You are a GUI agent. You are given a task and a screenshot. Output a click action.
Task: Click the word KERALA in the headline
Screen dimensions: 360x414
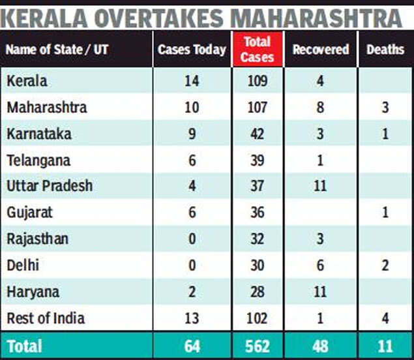(48, 15)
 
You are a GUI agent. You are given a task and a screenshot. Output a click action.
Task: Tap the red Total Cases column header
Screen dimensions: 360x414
(258, 50)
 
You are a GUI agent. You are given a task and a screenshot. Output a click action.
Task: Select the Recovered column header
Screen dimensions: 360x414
(320, 50)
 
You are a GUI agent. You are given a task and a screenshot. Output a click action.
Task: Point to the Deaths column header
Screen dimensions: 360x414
(385, 50)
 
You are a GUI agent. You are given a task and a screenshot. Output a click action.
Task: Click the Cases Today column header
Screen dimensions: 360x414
(192, 50)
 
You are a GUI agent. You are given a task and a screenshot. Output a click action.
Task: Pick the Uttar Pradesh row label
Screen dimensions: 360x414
(50, 186)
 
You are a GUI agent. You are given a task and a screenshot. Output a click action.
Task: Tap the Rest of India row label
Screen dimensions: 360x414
(46, 318)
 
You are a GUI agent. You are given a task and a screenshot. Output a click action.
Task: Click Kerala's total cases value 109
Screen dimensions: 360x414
(258, 81)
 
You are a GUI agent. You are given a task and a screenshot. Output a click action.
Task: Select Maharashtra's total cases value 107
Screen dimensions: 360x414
(258, 107)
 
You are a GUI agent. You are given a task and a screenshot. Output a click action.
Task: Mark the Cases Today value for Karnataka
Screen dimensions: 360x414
(192, 133)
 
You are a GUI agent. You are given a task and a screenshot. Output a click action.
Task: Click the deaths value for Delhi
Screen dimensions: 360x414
(385, 266)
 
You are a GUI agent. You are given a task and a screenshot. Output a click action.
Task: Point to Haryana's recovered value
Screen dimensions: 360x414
(320, 292)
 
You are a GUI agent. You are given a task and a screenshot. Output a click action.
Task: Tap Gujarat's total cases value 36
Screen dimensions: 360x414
(258, 213)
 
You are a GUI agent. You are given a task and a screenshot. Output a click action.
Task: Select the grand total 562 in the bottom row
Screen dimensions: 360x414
(258, 346)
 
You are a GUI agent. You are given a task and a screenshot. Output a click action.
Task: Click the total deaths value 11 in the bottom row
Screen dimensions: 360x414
(385, 346)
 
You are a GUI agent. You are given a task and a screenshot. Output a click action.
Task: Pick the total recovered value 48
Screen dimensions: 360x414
(320, 346)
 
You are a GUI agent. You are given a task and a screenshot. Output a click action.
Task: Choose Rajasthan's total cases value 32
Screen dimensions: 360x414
(258, 239)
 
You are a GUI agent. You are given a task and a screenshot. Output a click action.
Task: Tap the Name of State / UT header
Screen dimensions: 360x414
(57, 50)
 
